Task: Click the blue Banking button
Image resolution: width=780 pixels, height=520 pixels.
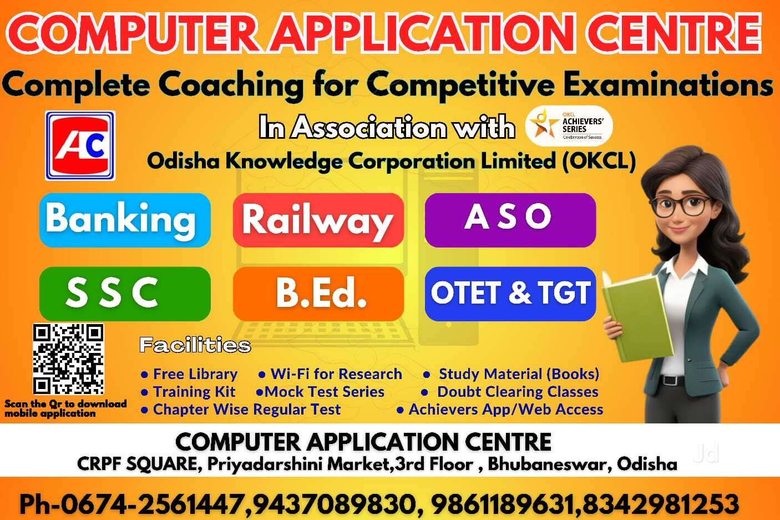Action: click(125, 220)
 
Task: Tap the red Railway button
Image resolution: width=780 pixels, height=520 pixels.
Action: click(318, 220)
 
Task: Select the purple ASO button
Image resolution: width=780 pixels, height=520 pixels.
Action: click(510, 220)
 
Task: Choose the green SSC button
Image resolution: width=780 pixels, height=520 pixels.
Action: click(125, 294)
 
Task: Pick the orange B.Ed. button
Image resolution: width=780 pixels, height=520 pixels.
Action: click(318, 294)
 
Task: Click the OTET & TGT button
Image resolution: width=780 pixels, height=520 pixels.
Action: click(510, 294)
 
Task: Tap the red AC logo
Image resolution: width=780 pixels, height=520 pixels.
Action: click(80, 145)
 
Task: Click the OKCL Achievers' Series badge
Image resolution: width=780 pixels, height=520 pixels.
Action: click(569, 126)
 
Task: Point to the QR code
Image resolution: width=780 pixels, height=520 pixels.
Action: click(68, 359)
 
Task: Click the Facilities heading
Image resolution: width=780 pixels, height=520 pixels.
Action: click(195, 345)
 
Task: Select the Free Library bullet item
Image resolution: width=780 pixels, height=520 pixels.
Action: click(189, 374)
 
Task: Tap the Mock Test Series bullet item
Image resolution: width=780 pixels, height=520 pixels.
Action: click(320, 392)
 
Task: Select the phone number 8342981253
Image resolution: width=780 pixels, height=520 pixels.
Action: click(660, 504)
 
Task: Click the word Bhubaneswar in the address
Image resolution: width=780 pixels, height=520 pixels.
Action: click(549, 464)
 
